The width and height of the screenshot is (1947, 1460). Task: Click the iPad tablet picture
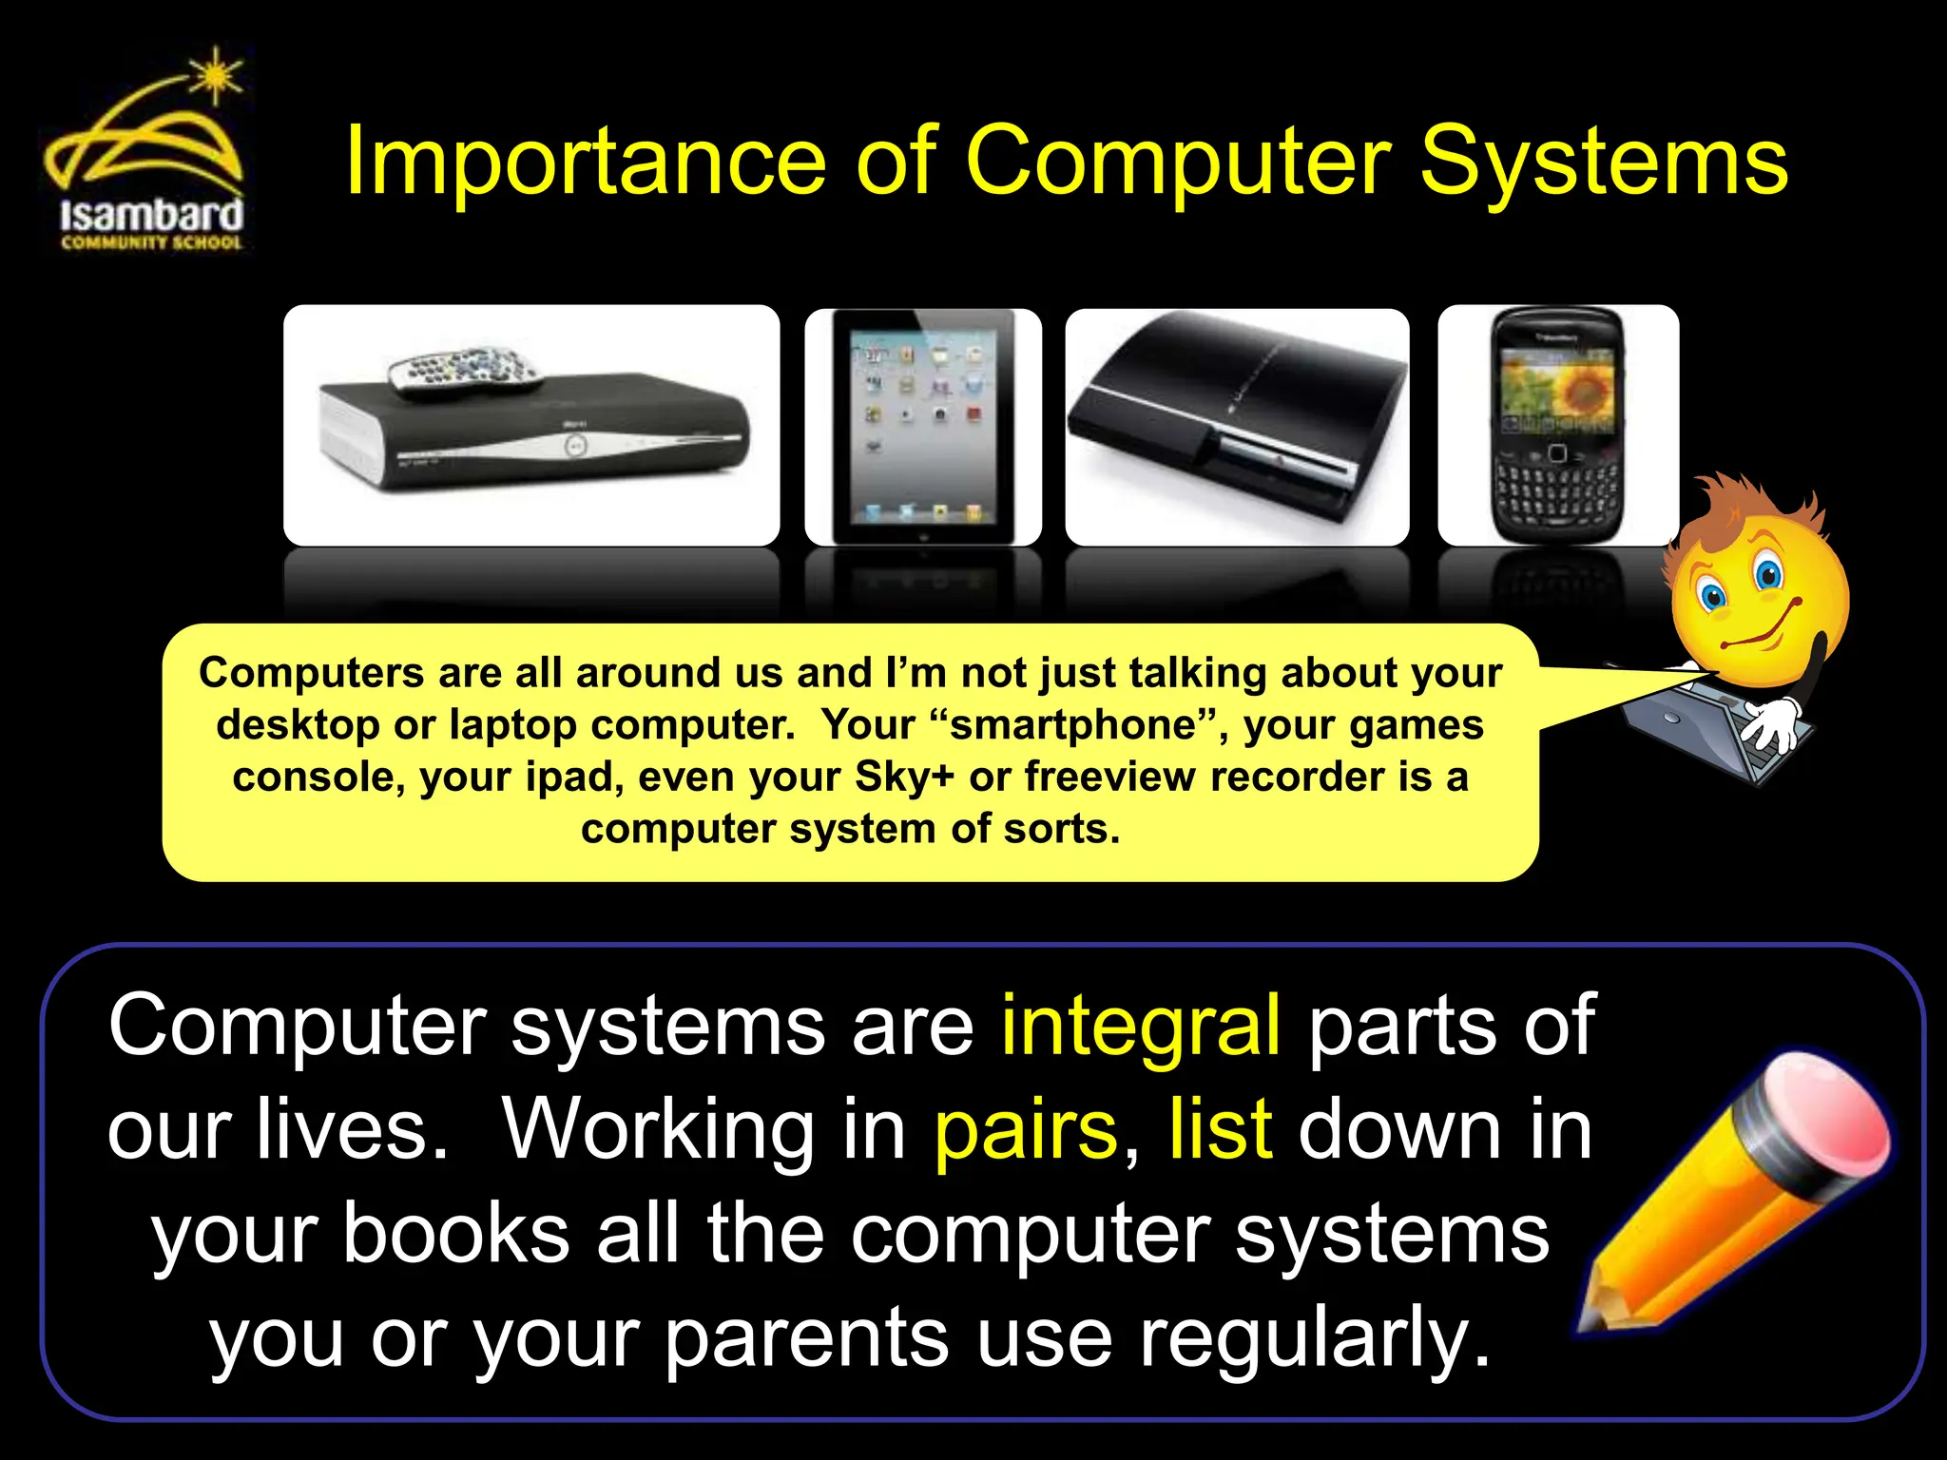(x=922, y=426)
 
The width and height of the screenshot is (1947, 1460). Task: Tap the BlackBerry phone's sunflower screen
(x=1557, y=390)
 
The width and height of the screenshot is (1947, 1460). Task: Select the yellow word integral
(x=1140, y=1025)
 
